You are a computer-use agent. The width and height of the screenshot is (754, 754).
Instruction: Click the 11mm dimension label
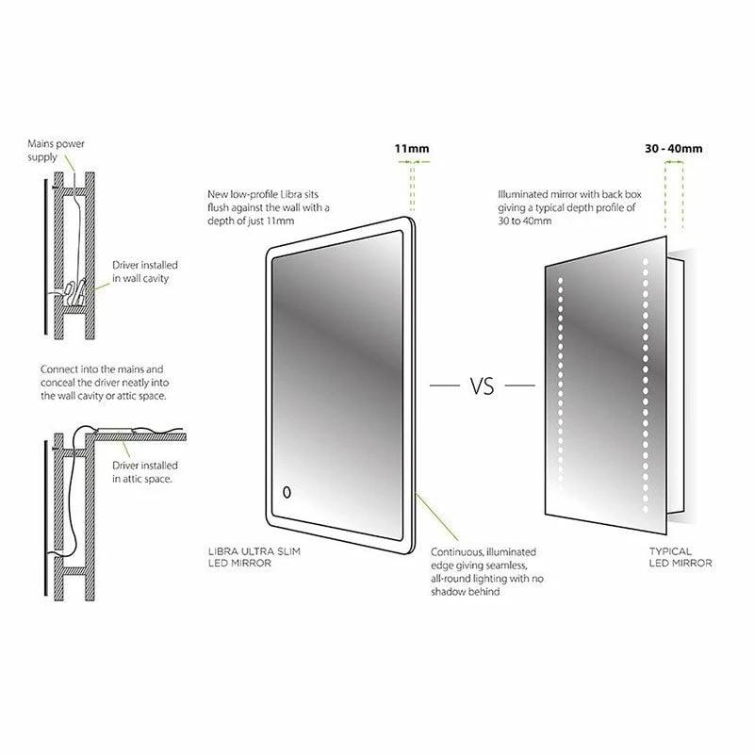[412, 148]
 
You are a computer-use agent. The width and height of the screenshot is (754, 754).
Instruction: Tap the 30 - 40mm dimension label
[673, 148]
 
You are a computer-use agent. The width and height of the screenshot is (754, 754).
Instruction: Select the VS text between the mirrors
[480, 385]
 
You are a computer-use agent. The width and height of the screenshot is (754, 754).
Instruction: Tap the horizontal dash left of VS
[443, 385]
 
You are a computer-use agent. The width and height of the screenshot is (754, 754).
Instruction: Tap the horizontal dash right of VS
[516, 385]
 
